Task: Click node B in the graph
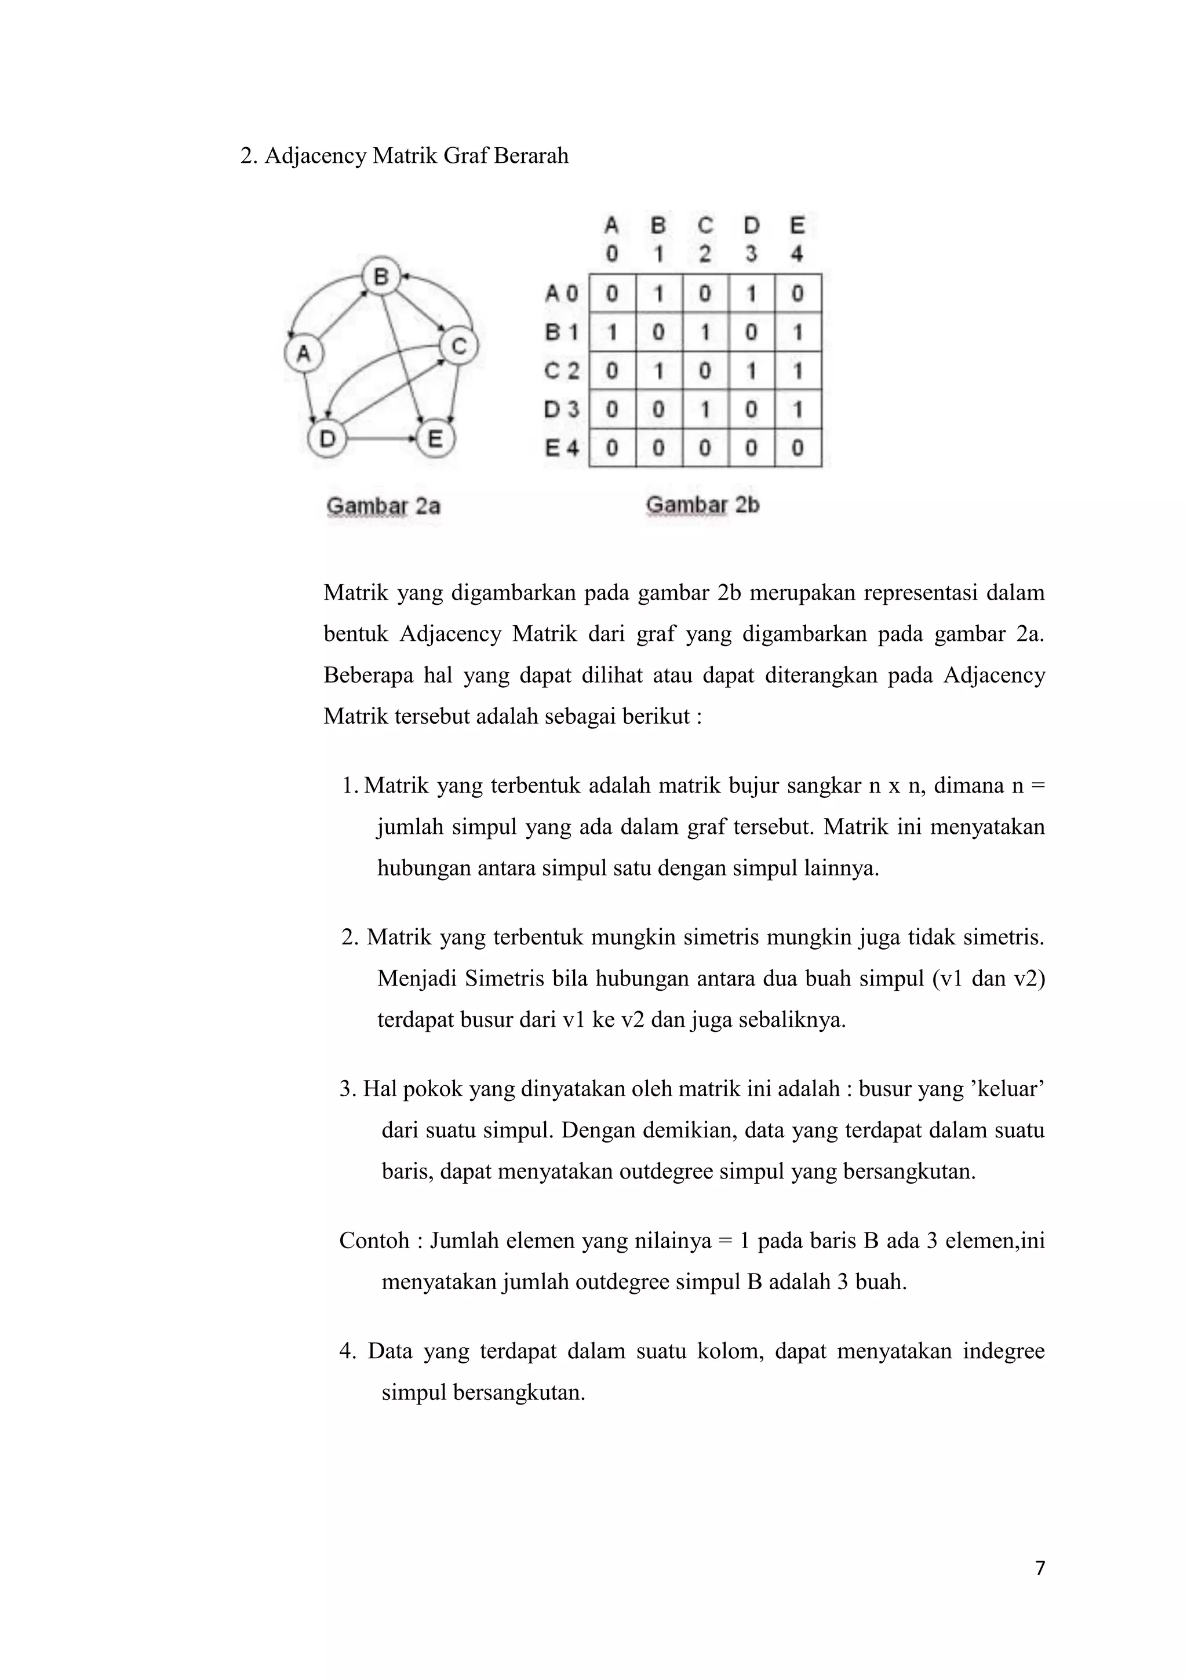(381, 276)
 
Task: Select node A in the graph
(303, 353)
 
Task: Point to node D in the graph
(327, 439)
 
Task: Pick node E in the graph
(435, 439)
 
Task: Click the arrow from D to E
(381, 439)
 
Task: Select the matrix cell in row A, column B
(658, 293)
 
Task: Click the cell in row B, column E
(798, 333)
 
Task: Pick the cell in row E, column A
(613, 447)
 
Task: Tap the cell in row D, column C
(705, 409)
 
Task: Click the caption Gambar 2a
(383, 506)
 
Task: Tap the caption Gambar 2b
(702, 505)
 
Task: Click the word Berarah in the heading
(531, 156)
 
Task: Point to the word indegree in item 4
(1003, 1351)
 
